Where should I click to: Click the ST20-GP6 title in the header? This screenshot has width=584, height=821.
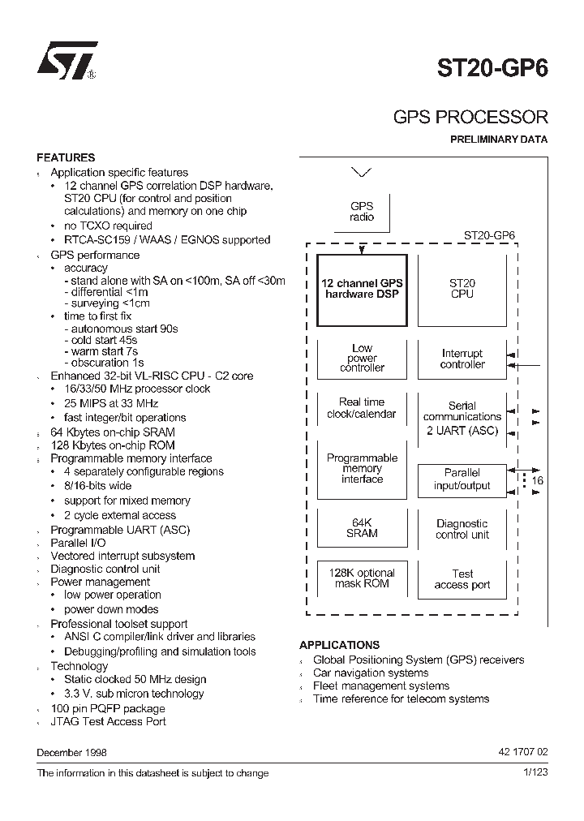494,67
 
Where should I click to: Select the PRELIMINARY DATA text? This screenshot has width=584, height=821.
499,140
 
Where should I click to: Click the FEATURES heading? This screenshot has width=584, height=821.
66,157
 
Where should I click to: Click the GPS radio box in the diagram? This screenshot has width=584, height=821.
362,212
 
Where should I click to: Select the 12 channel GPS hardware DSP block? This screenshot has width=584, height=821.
362,289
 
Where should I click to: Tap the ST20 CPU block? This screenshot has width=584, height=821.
462,289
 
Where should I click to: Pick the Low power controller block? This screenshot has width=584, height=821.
362,358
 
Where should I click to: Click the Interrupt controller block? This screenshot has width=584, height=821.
462,359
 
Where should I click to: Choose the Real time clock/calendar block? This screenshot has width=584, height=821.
362,408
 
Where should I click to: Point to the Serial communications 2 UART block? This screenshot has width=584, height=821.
462,418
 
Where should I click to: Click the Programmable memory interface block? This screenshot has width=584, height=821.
362,469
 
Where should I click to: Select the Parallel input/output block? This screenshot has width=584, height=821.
462,479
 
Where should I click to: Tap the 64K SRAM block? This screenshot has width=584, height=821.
362,528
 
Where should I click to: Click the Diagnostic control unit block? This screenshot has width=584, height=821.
462,529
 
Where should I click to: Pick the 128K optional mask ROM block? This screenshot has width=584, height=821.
362,578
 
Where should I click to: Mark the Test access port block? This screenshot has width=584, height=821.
462,579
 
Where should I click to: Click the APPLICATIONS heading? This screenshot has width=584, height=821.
339,645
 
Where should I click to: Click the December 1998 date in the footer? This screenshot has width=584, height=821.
72,752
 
